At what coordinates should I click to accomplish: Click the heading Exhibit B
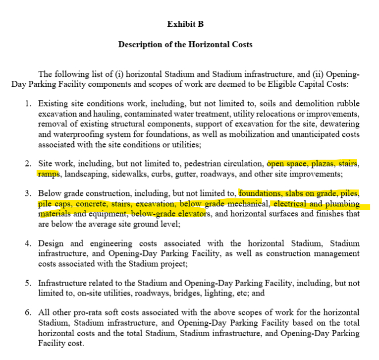click(185, 24)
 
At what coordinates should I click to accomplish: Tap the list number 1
click(28, 104)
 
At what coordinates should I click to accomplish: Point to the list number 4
click(28, 243)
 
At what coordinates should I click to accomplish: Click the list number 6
click(28, 313)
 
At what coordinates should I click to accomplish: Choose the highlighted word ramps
click(48, 174)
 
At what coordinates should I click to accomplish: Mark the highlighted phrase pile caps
click(54, 204)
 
